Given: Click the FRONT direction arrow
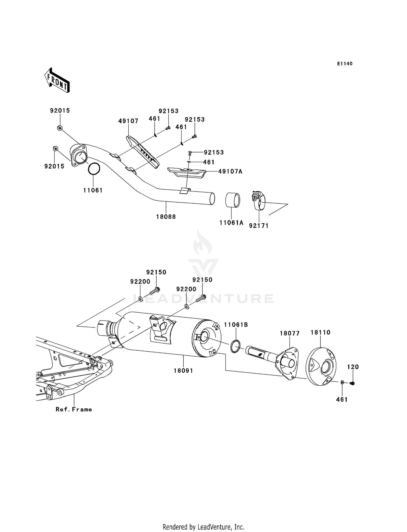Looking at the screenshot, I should (x=57, y=80).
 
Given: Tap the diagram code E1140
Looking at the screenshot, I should (x=345, y=64).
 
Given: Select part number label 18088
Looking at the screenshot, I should (x=166, y=217).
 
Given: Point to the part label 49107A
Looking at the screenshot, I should (x=230, y=171).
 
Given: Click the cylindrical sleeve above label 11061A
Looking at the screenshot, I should (x=233, y=200).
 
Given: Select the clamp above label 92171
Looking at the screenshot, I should (x=259, y=200).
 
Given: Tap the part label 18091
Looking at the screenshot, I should (x=183, y=370).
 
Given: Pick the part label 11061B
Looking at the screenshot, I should (x=236, y=325).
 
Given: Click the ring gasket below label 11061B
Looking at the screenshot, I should (x=235, y=347).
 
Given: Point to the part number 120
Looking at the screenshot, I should (x=353, y=367).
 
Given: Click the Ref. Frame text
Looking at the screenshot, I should (x=74, y=409).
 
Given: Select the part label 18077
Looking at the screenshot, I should (x=290, y=333).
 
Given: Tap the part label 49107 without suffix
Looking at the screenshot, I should (x=128, y=121).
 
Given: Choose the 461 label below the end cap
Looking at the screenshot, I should (x=342, y=399).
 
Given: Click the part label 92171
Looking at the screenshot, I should (x=259, y=225).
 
